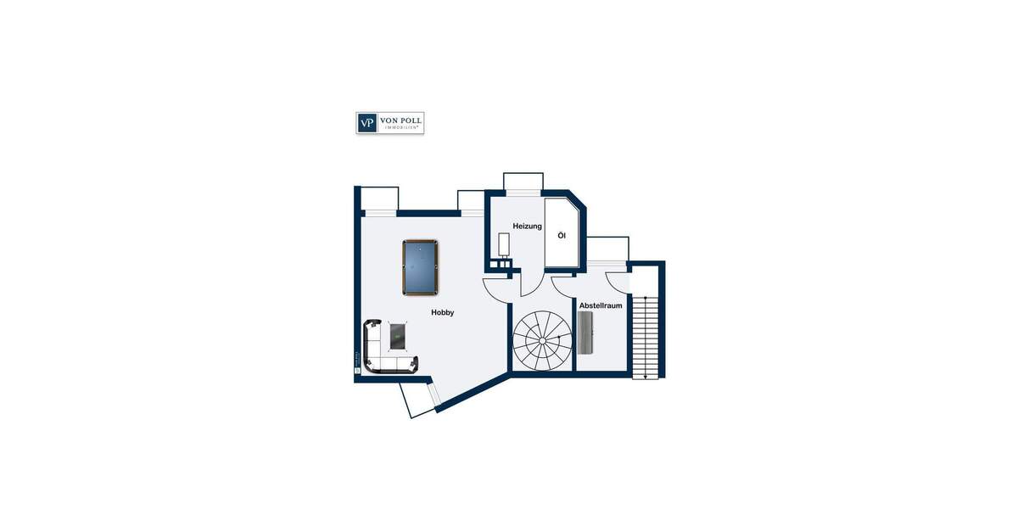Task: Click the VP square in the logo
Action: tap(366, 123)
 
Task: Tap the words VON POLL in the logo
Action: tap(400, 120)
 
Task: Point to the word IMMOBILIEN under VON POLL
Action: tap(400, 129)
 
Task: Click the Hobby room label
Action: tap(442, 313)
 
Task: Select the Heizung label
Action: tap(527, 226)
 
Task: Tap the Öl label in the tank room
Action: tap(561, 235)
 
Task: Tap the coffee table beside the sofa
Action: tap(397, 335)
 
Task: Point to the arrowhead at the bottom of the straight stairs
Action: tap(646, 375)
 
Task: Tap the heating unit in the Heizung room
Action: tap(504, 244)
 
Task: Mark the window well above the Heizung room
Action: tap(523, 182)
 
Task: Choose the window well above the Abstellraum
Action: tap(607, 250)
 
